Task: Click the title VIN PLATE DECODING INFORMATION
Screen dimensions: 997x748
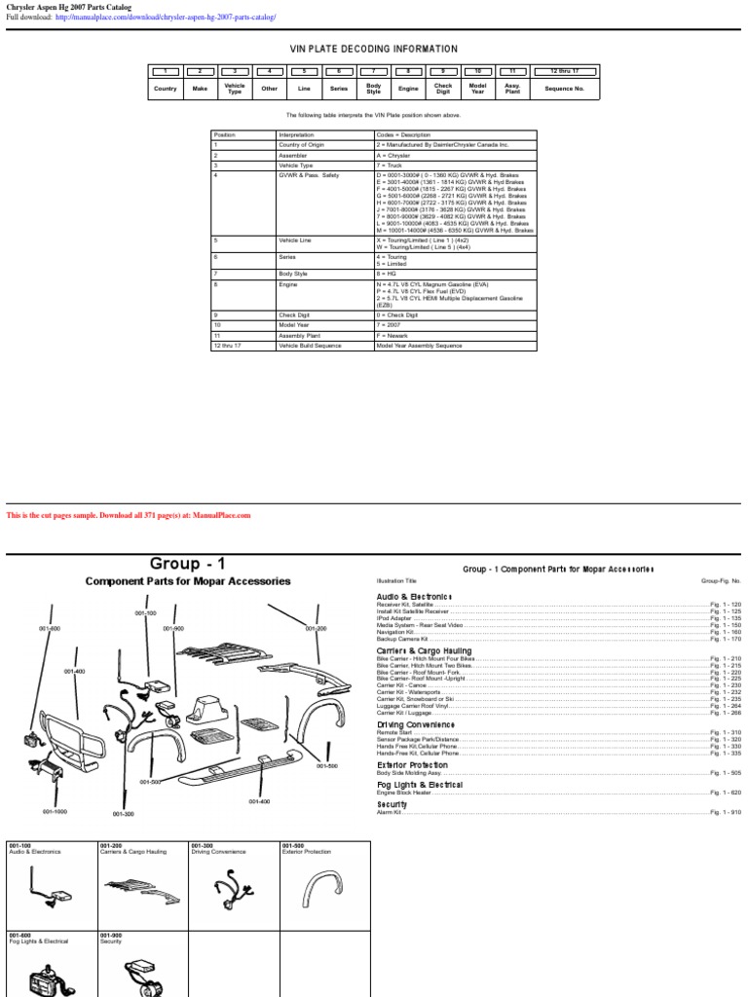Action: tap(373, 49)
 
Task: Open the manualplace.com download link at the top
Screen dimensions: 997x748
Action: tap(166, 18)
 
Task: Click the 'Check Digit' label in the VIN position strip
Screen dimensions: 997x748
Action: tap(443, 89)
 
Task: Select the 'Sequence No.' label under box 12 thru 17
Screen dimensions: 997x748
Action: tap(565, 88)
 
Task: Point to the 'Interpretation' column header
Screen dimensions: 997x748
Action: tap(296, 135)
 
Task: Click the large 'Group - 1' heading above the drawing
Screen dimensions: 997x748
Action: tap(187, 564)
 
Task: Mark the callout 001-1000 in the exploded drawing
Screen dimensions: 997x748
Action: tap(55, 811)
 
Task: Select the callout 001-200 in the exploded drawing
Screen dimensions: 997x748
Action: tap(316, 628)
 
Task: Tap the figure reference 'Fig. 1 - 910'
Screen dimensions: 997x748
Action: tap(724, 812)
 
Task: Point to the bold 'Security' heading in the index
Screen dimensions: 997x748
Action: tap(393, 804)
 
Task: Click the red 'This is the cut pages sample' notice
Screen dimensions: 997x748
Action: tap(129, 515)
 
